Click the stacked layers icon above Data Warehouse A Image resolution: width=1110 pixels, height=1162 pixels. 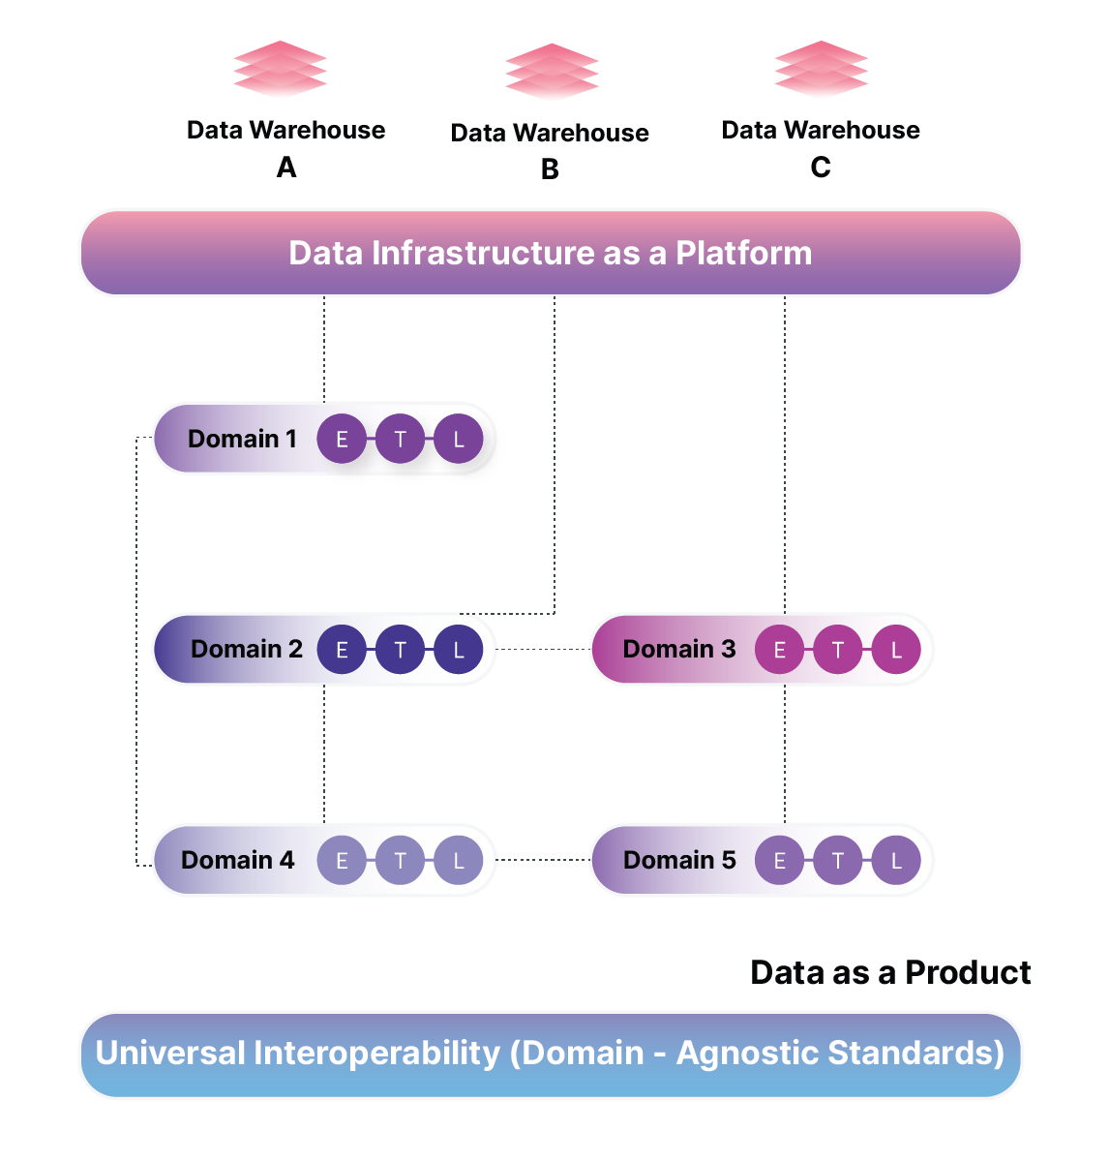280,70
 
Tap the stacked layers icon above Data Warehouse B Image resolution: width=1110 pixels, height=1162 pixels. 552,72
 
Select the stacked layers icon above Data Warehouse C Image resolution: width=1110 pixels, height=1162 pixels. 822,70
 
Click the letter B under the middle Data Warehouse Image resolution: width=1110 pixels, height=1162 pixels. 550,169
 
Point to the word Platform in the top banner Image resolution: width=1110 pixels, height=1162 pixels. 743,253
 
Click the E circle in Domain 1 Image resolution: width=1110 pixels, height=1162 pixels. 342,439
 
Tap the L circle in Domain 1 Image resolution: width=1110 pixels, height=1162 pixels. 459,439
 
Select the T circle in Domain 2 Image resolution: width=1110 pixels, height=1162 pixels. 400,650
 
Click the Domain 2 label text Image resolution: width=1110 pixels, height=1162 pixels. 247,649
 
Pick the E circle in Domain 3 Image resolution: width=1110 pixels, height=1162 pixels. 779,650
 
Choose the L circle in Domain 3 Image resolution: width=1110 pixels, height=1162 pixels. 896,650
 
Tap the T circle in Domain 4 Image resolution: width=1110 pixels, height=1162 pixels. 400,860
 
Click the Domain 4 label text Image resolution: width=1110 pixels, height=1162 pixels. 237,860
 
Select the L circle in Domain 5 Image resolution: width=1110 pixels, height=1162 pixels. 896,860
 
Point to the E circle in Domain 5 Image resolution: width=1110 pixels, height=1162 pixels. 779,860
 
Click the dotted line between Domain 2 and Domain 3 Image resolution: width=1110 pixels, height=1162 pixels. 543,650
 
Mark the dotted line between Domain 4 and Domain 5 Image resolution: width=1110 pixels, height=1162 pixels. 543,860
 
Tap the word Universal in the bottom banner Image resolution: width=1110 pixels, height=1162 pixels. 169,1054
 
